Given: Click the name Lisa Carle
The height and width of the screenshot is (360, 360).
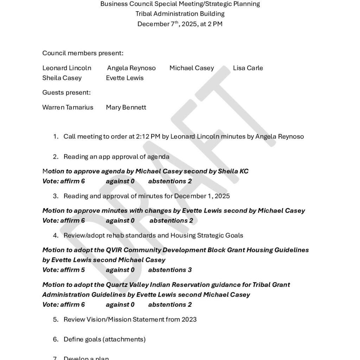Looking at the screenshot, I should [x=247, y=68].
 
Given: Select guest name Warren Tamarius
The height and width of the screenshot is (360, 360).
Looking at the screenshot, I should [x=67, y=107].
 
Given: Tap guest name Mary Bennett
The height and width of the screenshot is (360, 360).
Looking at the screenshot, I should [x=126, y=107].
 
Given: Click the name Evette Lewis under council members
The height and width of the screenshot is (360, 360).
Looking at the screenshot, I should [x=124, y=78].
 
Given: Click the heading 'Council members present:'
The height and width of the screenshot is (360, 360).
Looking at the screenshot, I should [x=83, y=53].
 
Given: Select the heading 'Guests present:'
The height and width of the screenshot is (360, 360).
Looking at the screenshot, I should [x=66, y=92].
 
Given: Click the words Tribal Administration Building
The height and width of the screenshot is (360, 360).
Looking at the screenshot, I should [x=180, y=14].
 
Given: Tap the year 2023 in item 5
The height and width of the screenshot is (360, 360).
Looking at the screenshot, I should [x=189, y=319].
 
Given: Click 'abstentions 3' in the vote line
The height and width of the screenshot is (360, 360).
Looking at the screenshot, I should [x=170, y=270].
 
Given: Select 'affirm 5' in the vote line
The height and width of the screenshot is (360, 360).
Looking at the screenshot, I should [x=72, y=270].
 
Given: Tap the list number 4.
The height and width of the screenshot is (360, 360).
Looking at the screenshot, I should [x=55, y=235].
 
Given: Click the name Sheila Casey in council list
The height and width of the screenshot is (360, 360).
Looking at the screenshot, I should [x=62, y=78].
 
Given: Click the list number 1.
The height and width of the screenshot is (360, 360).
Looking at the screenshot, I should [x=55, y=136].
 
